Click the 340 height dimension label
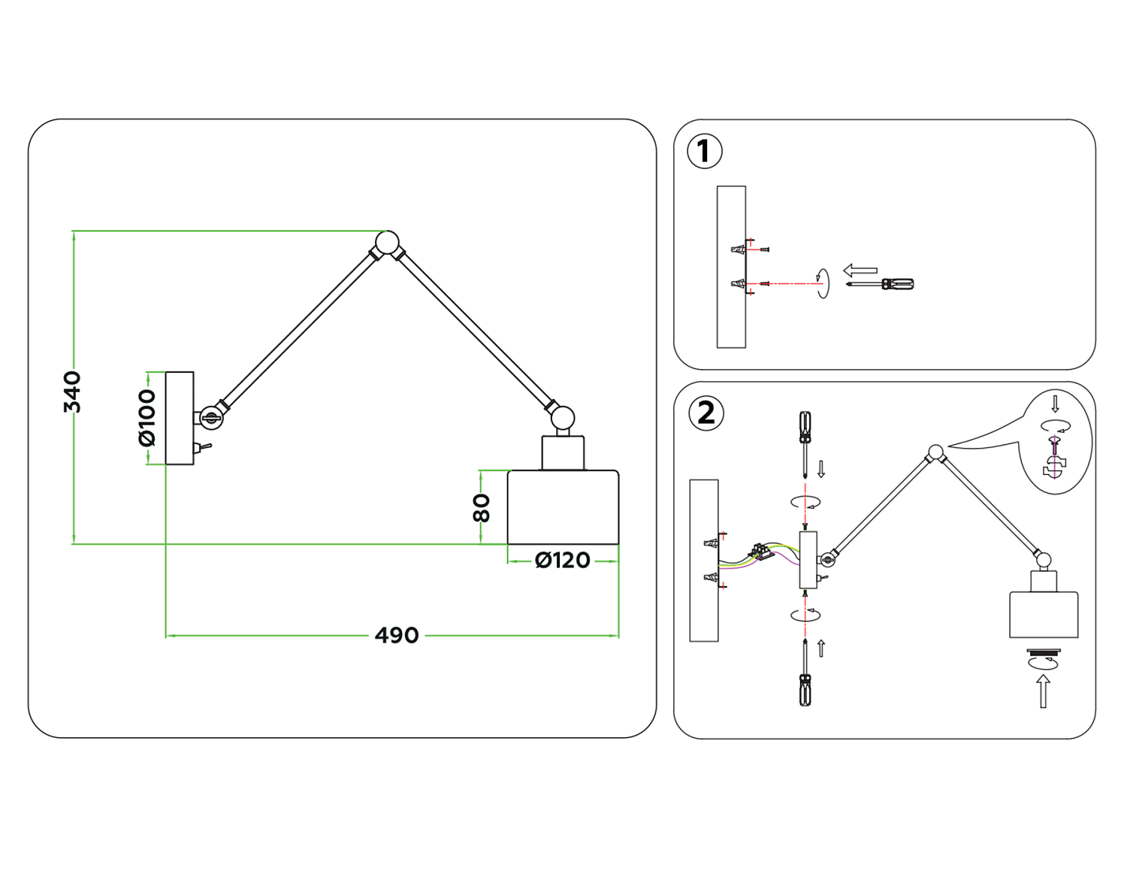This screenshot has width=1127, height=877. pyautogui.click(x=72, y=392)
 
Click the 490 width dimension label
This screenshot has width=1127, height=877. pyautogui.click(x=397, y=636)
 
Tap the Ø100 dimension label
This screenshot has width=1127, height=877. pyautogui.click(x=147, y=418)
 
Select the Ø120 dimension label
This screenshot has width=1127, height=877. pyautogui.click(x=562, y=561)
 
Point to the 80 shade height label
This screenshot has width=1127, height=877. pyautogui.click(x=482, y=508)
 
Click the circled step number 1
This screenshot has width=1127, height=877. pyautogui.click(x=705, y=151)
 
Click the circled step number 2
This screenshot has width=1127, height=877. pyautogui.click(x=706, y=413)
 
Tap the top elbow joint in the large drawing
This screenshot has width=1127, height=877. pyautogui.click(x=387, y=242)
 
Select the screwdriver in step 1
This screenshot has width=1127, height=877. pyautogui.click(x=883, y=284)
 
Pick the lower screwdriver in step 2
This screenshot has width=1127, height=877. pyautogui.click(x=805, y=676)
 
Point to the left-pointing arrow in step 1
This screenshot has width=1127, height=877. pyautogui.click(x=860, y=270)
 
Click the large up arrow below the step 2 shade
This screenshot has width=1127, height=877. pyautogui.click(x=1043, y=691)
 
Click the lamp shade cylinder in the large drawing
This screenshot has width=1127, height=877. pyautogui.click(x=563, y=507)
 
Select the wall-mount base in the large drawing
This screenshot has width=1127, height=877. pyautogui.click(x=180, y=418)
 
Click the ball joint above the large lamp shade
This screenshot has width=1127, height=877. pyautogui.click(x=562, y=419)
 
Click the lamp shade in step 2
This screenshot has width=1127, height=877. pyautogui.click(x=1044, y=615)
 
